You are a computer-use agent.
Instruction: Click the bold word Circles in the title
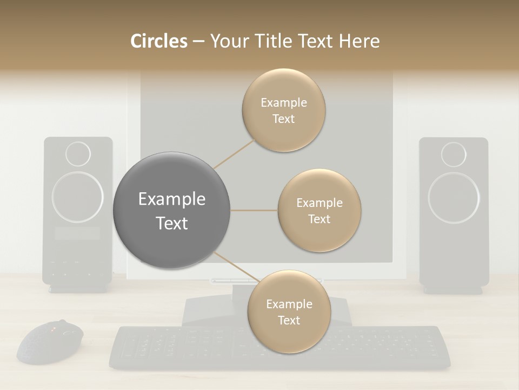(159, 41)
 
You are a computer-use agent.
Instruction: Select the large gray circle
(171, 210)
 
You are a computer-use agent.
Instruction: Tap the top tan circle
(284, 110)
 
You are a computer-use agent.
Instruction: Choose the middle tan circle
(320, 210)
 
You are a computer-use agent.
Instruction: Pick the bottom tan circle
(289, 311)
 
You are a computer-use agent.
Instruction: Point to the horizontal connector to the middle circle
(254, 210)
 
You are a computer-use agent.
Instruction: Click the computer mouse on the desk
(50, 342)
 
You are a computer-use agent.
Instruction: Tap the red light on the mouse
(53, 329)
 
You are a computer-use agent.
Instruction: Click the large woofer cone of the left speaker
(78, 197)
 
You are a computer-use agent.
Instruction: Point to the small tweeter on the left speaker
(78, 154)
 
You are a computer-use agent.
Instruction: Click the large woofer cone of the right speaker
(454, 197)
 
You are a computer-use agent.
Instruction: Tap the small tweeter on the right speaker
(454, 154)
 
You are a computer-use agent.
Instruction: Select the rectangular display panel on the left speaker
(78, 233)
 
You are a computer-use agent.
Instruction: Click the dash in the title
(198, 42)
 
